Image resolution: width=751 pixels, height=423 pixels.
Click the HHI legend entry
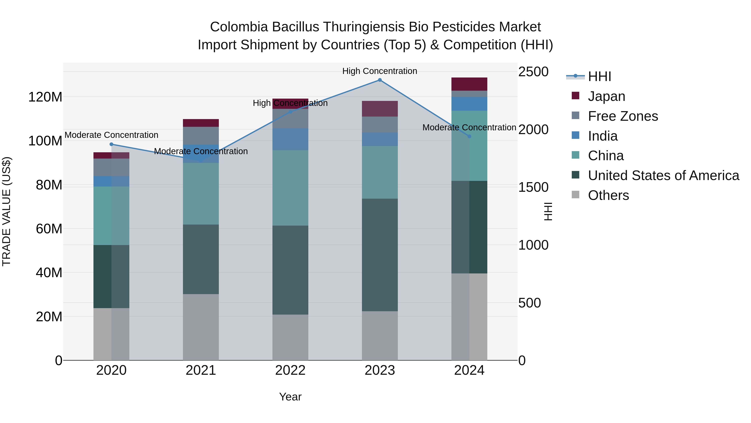599,76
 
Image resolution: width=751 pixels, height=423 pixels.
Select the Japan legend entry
606,96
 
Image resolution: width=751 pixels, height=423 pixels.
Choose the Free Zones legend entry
623,116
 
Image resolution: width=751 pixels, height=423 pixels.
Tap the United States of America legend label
663,175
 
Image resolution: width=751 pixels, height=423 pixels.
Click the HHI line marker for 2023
380,80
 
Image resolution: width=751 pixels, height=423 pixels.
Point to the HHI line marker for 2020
111,144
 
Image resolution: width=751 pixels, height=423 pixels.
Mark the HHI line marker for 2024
469,136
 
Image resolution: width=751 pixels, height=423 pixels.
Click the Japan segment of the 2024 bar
469,84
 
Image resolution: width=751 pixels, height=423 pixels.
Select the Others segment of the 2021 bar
200,327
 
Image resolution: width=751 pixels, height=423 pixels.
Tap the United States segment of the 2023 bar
380,255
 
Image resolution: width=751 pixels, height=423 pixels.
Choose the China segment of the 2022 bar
290,188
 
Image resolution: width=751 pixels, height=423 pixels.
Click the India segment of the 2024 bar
469,104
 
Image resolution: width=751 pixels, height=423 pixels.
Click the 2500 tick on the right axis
533,72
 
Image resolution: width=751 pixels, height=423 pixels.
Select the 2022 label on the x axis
290,370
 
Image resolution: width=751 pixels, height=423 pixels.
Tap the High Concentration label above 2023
380,71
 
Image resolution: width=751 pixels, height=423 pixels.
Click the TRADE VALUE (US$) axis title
6,211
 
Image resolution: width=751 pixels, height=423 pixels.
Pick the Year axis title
290,397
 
